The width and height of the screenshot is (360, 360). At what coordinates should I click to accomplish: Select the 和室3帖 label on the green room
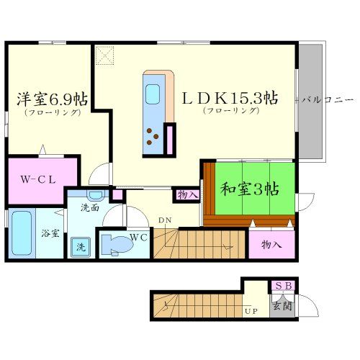pyautogui.click(x=249, y=189)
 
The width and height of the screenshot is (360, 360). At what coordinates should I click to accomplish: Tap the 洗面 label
pyautogui.click(x=90, y=208)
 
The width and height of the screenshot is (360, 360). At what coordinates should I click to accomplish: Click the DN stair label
pyautogui.click(x=164, y=220)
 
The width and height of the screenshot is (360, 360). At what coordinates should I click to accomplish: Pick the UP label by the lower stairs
pyautogui.click(x=251, y=311)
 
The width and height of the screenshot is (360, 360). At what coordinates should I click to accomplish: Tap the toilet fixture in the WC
pyautogui.click(x=115, y=245)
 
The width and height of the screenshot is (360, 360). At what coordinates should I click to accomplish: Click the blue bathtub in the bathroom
pyautogui.click(x=22, y=233)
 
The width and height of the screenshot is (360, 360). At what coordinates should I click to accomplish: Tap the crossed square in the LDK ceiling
pyautogui.click(x=106, y=55)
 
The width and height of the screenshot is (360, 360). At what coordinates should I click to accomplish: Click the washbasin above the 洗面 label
pyautogui.click(x=94, y=194)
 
